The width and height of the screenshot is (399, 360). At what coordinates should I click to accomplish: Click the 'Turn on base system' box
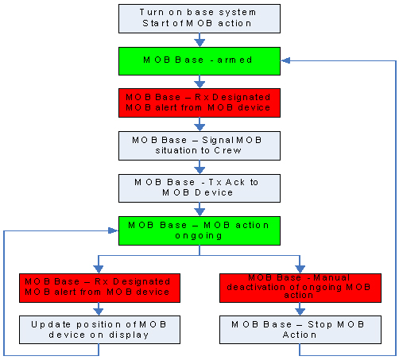coord(199,18)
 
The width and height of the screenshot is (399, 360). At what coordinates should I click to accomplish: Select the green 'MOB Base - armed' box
coord(199,61)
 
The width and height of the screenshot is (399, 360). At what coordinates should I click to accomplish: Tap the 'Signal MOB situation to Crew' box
coord(199,145)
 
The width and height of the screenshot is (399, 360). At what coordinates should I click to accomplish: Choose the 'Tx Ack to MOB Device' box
coord(199,188)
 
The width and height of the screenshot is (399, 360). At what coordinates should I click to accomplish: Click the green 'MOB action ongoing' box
coord(199,230)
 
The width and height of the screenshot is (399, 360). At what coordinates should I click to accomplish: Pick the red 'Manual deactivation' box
coord(300,288)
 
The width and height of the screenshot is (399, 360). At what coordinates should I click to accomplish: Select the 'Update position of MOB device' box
coord(99,330)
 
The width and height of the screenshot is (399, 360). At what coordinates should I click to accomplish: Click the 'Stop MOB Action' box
coord(300,330)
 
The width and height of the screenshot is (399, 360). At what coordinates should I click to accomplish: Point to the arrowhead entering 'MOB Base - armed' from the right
coord(285,60)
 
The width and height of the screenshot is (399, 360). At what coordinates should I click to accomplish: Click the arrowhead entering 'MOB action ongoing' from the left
coord(114,230)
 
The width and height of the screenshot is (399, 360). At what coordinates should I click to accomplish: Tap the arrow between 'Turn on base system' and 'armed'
coord(199,40)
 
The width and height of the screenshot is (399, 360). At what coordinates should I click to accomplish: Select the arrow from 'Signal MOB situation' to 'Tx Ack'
coord(199,167)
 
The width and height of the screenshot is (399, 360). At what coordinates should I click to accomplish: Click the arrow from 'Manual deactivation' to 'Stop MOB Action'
coord(300,309)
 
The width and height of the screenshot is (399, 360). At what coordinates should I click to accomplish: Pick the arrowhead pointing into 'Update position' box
coord(99,312)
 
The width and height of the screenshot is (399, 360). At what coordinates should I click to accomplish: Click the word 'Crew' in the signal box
coord(227,150)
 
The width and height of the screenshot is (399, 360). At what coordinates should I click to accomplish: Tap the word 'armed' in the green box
coord(234,60)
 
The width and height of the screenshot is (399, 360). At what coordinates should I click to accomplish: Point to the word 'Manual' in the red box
coord(331,277)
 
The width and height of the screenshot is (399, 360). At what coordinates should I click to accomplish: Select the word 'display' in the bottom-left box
coord(129,335)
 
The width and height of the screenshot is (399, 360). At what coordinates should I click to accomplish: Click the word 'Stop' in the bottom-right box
coord(320,324)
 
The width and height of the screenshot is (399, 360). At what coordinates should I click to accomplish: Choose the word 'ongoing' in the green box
coord(199,236)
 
